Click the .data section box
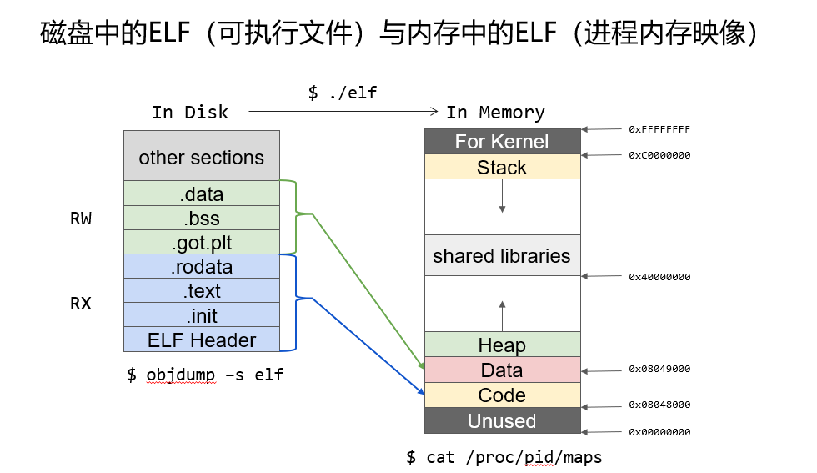point(202,194)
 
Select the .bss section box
point(202,219)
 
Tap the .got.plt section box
point(202,243)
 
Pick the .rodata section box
point(202,267)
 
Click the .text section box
point(202,291)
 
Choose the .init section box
point(202,315)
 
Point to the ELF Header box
point(202,340)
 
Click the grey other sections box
point(202,157)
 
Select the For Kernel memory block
point(502,142)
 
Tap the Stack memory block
point(502,167)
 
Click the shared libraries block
point(502,256)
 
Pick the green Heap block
point(502,345)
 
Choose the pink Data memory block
point(502,370)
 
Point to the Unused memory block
point(502,420)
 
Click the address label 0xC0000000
point(659,155)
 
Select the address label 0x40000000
point(659,277)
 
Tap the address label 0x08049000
point(659,369)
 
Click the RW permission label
point(81,219)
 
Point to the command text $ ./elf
point(342,93)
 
